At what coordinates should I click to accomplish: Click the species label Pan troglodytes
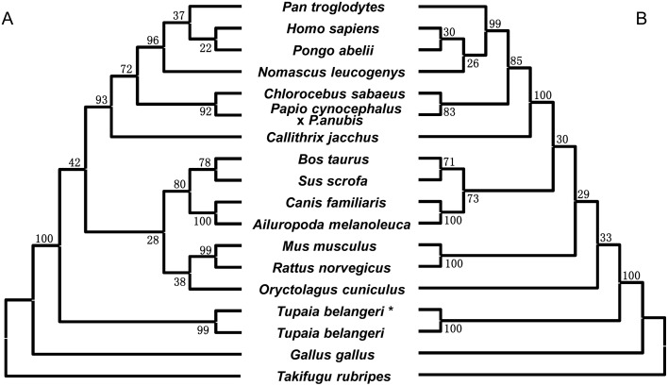click(x=334, y=8)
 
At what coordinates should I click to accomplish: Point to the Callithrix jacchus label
click(x=334, y=138)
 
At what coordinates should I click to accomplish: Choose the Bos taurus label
click(x=334, y=159)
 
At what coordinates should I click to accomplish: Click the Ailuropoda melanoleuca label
click(x=334, y=224)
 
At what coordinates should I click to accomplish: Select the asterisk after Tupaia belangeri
click(x=391, y=310)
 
